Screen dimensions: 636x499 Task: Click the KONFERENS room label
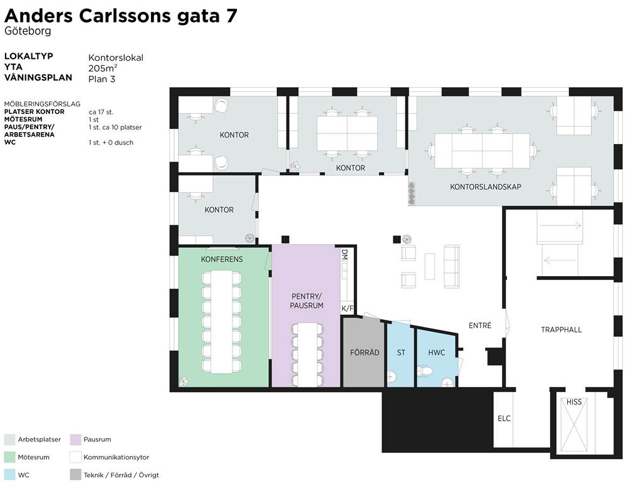[x=222, y=259]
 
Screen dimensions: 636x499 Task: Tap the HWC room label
[x=437, y=352]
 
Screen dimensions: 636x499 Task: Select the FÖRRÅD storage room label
[x=365, y=352]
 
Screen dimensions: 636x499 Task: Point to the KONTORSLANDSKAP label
[x=486, y=187]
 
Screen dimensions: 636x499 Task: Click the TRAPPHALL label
[x=561, y=329]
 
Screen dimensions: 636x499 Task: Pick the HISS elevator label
[x=574, y=402]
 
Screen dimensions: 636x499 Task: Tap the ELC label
[x=504, y=418]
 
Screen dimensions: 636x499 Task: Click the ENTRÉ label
[x=480, y=325]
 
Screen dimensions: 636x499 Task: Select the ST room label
[x=401, y=352]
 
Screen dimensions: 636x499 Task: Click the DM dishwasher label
[x=345, y=255]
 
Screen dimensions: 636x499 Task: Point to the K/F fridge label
[x=347, y=309]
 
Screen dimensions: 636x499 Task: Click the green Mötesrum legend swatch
[x=9, y=457]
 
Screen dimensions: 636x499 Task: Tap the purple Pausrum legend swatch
[x=75, y=440]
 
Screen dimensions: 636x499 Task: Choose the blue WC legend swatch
[x=9, y=475]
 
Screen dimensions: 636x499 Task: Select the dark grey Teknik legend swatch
[x=75, y=475]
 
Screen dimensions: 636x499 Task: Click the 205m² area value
[x=103, y=68]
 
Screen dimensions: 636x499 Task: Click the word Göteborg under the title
[x=28, y=31]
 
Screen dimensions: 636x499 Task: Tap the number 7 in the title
[x=232, y=16]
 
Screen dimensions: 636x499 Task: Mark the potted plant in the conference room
[x=184, y=381]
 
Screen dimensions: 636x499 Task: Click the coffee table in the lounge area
[x=430, y=266]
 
